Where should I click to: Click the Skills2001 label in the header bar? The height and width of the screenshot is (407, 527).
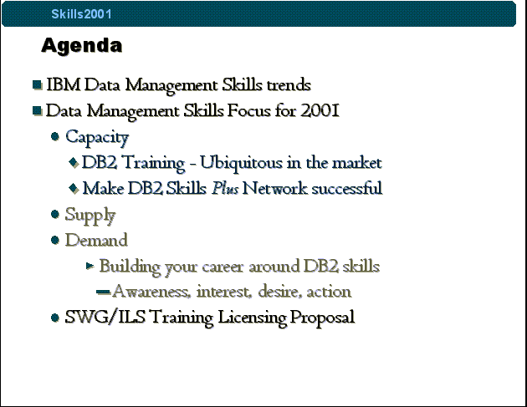pos(81,14)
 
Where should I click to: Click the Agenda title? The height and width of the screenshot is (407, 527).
pos(82,45)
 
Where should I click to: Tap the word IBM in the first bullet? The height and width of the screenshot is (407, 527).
pos(64,84)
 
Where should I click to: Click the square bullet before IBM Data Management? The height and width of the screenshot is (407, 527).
pos(37,84)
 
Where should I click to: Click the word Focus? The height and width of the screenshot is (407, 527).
pos(248,110)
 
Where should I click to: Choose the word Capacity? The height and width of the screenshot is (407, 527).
pos(97,138)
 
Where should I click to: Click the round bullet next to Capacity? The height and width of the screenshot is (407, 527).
pos(54,136)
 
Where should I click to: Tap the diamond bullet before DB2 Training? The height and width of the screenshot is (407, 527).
pos(74,162)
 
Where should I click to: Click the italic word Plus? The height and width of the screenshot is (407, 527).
pos(225,188)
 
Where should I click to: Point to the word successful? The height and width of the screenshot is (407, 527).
pos(347,188)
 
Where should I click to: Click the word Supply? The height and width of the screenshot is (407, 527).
pos(90,216)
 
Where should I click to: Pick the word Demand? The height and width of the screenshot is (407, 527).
pos(96,240)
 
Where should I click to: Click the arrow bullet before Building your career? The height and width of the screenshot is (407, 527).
pos(90,266)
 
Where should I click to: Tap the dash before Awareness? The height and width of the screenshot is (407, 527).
pos(103,292)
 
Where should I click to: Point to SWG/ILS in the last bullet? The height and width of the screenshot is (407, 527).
pos(105,317)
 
